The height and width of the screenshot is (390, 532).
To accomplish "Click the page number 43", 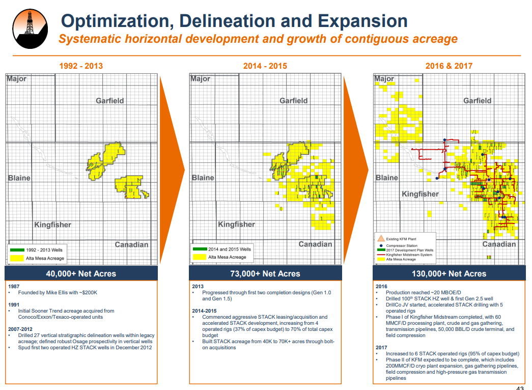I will [x=520, y=387].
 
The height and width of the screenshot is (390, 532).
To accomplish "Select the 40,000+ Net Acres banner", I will [x=81, y=273].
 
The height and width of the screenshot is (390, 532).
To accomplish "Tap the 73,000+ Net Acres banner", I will [x=265, y=273].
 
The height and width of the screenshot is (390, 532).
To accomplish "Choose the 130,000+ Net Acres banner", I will [x=449, y=273].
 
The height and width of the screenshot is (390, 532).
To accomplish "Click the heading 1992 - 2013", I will [x=81, y=66].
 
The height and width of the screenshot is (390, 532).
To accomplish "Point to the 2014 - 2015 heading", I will [x=265, y=66].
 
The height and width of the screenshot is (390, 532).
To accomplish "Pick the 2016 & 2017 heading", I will [x=449, y=66].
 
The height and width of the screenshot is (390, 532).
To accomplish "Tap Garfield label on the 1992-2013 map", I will [x=110, y=101].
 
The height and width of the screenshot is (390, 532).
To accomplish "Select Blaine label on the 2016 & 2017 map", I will [x=387, y=178].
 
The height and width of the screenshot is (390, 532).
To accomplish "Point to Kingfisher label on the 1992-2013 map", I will [x=52, y=225].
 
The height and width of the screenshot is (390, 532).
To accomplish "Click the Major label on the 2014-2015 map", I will [x=200, y=79].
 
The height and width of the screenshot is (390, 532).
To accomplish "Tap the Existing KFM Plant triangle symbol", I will [x=380, y=238].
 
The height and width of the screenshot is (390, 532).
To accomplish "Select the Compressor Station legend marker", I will [x=381, y=245].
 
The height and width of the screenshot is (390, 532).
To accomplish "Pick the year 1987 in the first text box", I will [x=14, y=286].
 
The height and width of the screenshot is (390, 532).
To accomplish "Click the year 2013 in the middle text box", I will [x=198, y=286].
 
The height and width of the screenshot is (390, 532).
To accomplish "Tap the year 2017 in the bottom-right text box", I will [x=381, y=347].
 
